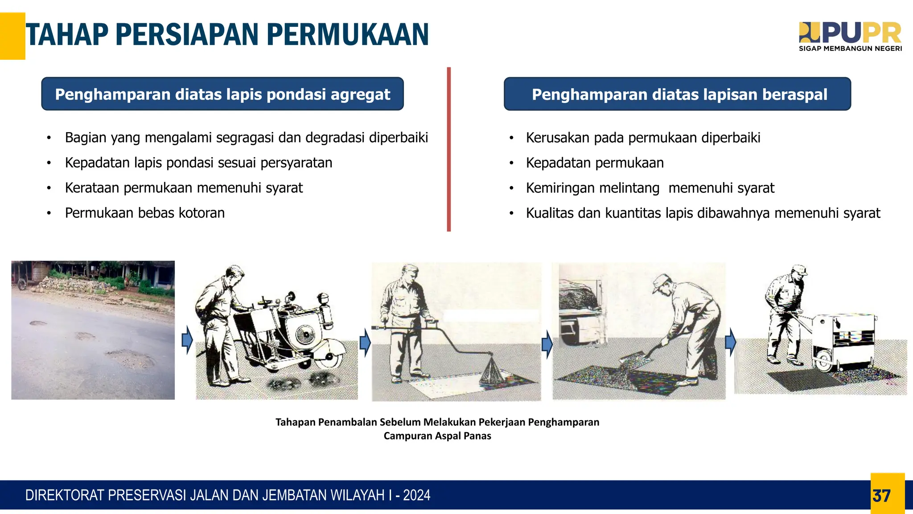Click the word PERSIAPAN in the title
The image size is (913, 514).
tap(187, 35)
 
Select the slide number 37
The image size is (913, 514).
tap(881, 496)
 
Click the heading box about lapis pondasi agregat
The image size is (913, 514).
tap(222, 94)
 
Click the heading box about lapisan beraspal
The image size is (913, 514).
tap(677, 94)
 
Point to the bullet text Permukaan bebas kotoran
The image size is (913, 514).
tap(144, 213)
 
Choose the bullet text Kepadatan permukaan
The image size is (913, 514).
tap(594, 163)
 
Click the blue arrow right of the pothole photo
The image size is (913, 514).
tap(187, 340)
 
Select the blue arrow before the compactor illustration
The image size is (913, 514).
tap(730, 342)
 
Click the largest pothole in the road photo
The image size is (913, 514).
tap(130, 357)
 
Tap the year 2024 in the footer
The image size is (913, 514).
tap(416, 495)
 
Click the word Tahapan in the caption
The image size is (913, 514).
tap(295, 422)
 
